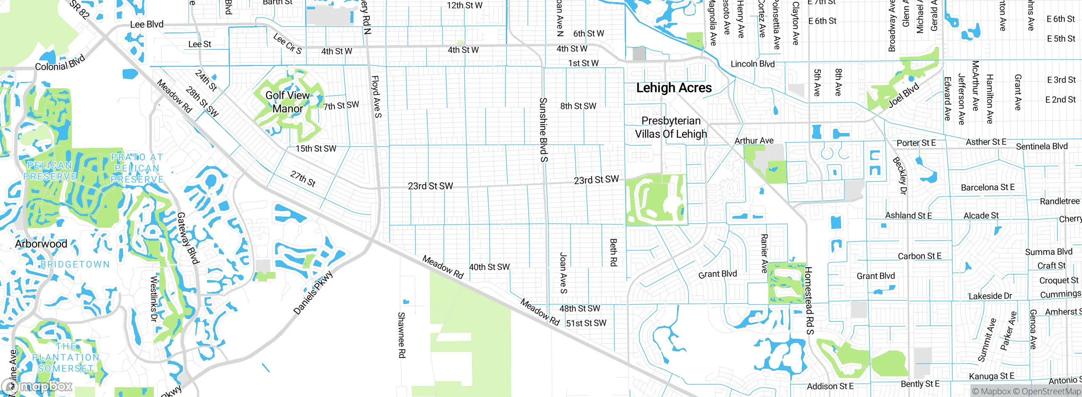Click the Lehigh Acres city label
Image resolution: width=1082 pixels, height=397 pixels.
click(x=674, y=88)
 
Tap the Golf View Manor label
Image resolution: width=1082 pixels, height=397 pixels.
click(x=287, y=102)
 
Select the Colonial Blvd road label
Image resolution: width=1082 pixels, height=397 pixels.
click(x=60, y=63)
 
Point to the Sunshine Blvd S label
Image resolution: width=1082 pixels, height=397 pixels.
click(x=544, y=130)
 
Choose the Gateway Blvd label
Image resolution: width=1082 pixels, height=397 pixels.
click(x=188, y=238)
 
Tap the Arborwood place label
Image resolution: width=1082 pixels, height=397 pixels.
click(x=41, y=244)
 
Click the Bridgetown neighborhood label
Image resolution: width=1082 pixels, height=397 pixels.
click(x=75, y=264)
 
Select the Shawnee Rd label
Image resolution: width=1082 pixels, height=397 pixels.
click(x=402, y=335)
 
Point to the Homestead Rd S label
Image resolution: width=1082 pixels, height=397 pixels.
click(x=809, y=300)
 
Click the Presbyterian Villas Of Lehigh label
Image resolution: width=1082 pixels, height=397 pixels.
click(x=671, y=128)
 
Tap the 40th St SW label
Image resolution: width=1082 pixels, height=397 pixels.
click(x=489, y=267)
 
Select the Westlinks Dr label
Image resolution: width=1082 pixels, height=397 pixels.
click(x=154, y=299)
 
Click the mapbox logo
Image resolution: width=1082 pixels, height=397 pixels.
click(x=37, y=386)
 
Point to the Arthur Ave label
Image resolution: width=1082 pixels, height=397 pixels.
click(x=754, y=141)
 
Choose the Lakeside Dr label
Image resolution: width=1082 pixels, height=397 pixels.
click(x=990, y=296)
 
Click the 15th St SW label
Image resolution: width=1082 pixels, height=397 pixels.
click(x=316, y=149)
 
